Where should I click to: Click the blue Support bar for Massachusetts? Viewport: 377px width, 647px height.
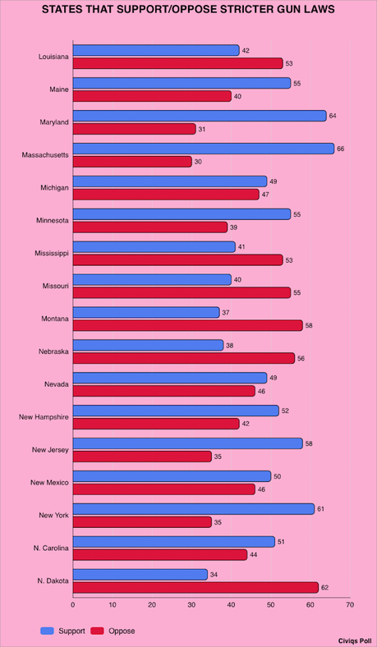tap(203, 149)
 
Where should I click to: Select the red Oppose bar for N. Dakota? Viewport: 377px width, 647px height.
tap(195, 587)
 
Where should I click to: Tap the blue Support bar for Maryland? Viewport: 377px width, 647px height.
tap(199, 116)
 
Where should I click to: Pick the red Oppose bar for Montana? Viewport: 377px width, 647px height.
tap(187, 325)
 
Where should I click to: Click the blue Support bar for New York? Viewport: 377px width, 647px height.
tap(193, 509)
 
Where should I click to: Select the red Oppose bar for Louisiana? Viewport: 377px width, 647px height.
tap(177, 63)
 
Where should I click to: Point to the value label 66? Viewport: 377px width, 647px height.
tap(341, 149)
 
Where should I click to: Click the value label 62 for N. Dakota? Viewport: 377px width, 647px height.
tap(325, 587)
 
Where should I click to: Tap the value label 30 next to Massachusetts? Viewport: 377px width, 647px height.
tap(198, 162)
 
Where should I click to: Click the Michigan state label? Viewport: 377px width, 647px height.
tap(53, 187)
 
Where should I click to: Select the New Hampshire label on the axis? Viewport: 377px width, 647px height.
tap(43, 416)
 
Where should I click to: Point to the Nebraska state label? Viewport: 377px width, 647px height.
tap(53, 351)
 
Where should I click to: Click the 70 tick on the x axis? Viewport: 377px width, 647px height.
tap(349, 605)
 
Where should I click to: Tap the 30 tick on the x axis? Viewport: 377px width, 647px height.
tap(191, 605)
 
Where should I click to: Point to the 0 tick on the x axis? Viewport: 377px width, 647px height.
tap(73, 605)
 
